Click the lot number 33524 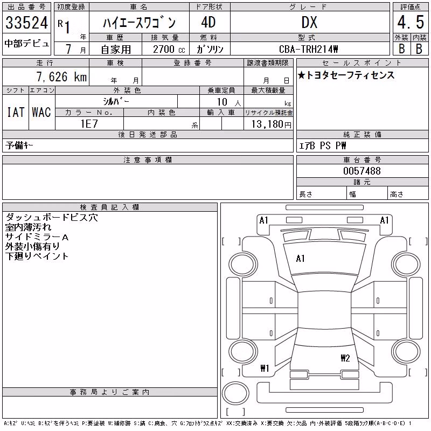coord(26,23)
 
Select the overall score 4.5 coord(411,22)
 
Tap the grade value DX coord(309,23)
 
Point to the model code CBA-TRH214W coord(308,49)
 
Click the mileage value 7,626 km coord(61,77)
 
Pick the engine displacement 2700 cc coord(169,49)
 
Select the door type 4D coord(208,23)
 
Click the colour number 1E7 coord(89,124)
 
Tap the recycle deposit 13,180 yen coord(271,124)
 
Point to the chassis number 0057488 coord(362,171)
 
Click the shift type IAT coord(16,112)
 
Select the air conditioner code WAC coord(41,112)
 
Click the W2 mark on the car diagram coord(345,358)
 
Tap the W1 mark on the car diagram coord(265,368)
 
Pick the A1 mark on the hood coord(300,259)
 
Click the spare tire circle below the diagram coord(235,393)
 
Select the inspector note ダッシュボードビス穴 coord(51,218)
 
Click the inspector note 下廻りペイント coord(37,256)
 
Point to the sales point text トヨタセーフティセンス coord(350,75)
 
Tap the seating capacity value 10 coord(222,102)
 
